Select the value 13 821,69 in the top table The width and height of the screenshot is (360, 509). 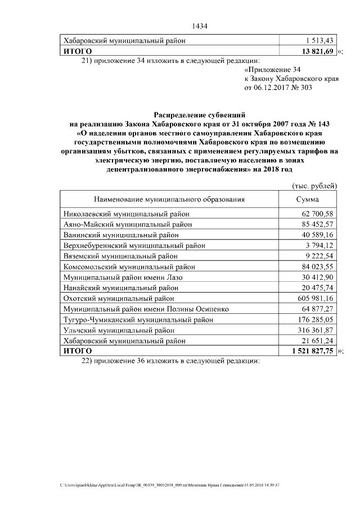coord(318,51)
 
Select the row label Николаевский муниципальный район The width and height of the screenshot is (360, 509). coord(127,214)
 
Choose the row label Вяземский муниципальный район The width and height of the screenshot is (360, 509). coord(120,256)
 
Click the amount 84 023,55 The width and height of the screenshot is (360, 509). coord(318,267)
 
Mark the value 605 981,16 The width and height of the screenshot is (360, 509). coord(316,298)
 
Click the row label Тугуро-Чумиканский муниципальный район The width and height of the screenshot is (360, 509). coord(138,319)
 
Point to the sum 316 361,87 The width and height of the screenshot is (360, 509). coord(316,330)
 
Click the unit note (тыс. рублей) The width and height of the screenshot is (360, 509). coord(314,186)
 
